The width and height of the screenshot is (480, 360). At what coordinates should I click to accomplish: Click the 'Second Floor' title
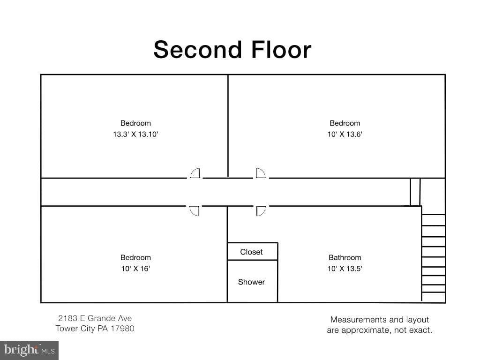pos(232,50)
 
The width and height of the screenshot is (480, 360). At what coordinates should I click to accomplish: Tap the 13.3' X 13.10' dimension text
pos(135,135)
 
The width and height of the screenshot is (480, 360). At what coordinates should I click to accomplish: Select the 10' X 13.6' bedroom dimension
pos(345,135)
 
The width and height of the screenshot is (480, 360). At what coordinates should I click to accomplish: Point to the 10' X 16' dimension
pos(135,269)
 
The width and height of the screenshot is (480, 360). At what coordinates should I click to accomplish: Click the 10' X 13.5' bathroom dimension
pos(345,269)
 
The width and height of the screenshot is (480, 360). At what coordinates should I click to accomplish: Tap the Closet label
pos(251,252)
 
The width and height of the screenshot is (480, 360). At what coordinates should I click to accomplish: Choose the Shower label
pos(251,282)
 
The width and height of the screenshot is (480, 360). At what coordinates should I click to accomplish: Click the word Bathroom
pos(345,257)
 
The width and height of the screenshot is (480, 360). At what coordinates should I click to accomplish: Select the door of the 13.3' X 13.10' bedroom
pos(195,173)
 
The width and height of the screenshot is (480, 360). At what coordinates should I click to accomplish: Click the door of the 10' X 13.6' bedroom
pos(261,173)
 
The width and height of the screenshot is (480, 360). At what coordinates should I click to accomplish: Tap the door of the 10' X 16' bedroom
pos(194,211)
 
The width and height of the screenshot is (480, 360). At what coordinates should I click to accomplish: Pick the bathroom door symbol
pos(261,211)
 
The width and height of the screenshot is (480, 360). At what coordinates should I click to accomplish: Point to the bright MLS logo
pos(29,350)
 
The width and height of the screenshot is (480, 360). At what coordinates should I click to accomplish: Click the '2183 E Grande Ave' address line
pos(95,318)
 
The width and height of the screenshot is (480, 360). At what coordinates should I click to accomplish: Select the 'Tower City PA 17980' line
pos(95,329)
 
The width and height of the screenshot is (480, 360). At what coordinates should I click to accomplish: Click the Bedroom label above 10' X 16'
pos(135,257)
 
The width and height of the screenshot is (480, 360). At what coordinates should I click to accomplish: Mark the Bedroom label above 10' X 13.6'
pos(345,123)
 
